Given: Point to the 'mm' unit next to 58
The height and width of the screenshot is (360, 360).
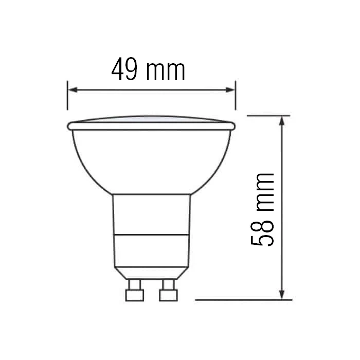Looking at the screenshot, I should (x=263, y=191).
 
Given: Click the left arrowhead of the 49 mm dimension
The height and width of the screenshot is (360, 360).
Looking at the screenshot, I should (x=73, y=90).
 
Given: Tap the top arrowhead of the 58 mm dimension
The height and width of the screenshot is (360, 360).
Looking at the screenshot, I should (x=282, y=121).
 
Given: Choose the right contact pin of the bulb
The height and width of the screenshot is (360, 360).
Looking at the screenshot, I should (x=168, y=291).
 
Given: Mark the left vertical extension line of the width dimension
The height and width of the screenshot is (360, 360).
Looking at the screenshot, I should (x=67, y=95).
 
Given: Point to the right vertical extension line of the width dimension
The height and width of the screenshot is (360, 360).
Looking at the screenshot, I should (x=236, y=95).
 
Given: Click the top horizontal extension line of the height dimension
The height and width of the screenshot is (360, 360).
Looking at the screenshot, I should (x=267, y=116).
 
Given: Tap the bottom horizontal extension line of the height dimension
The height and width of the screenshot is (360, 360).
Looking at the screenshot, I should (x=242, y=299).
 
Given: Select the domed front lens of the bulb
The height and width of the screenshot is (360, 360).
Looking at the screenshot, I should (x=151, y=120).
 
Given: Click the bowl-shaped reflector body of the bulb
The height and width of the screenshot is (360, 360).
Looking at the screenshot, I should (x=151, y=159).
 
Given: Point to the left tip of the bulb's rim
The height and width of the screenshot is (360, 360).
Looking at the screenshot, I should (x=69, y=125).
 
